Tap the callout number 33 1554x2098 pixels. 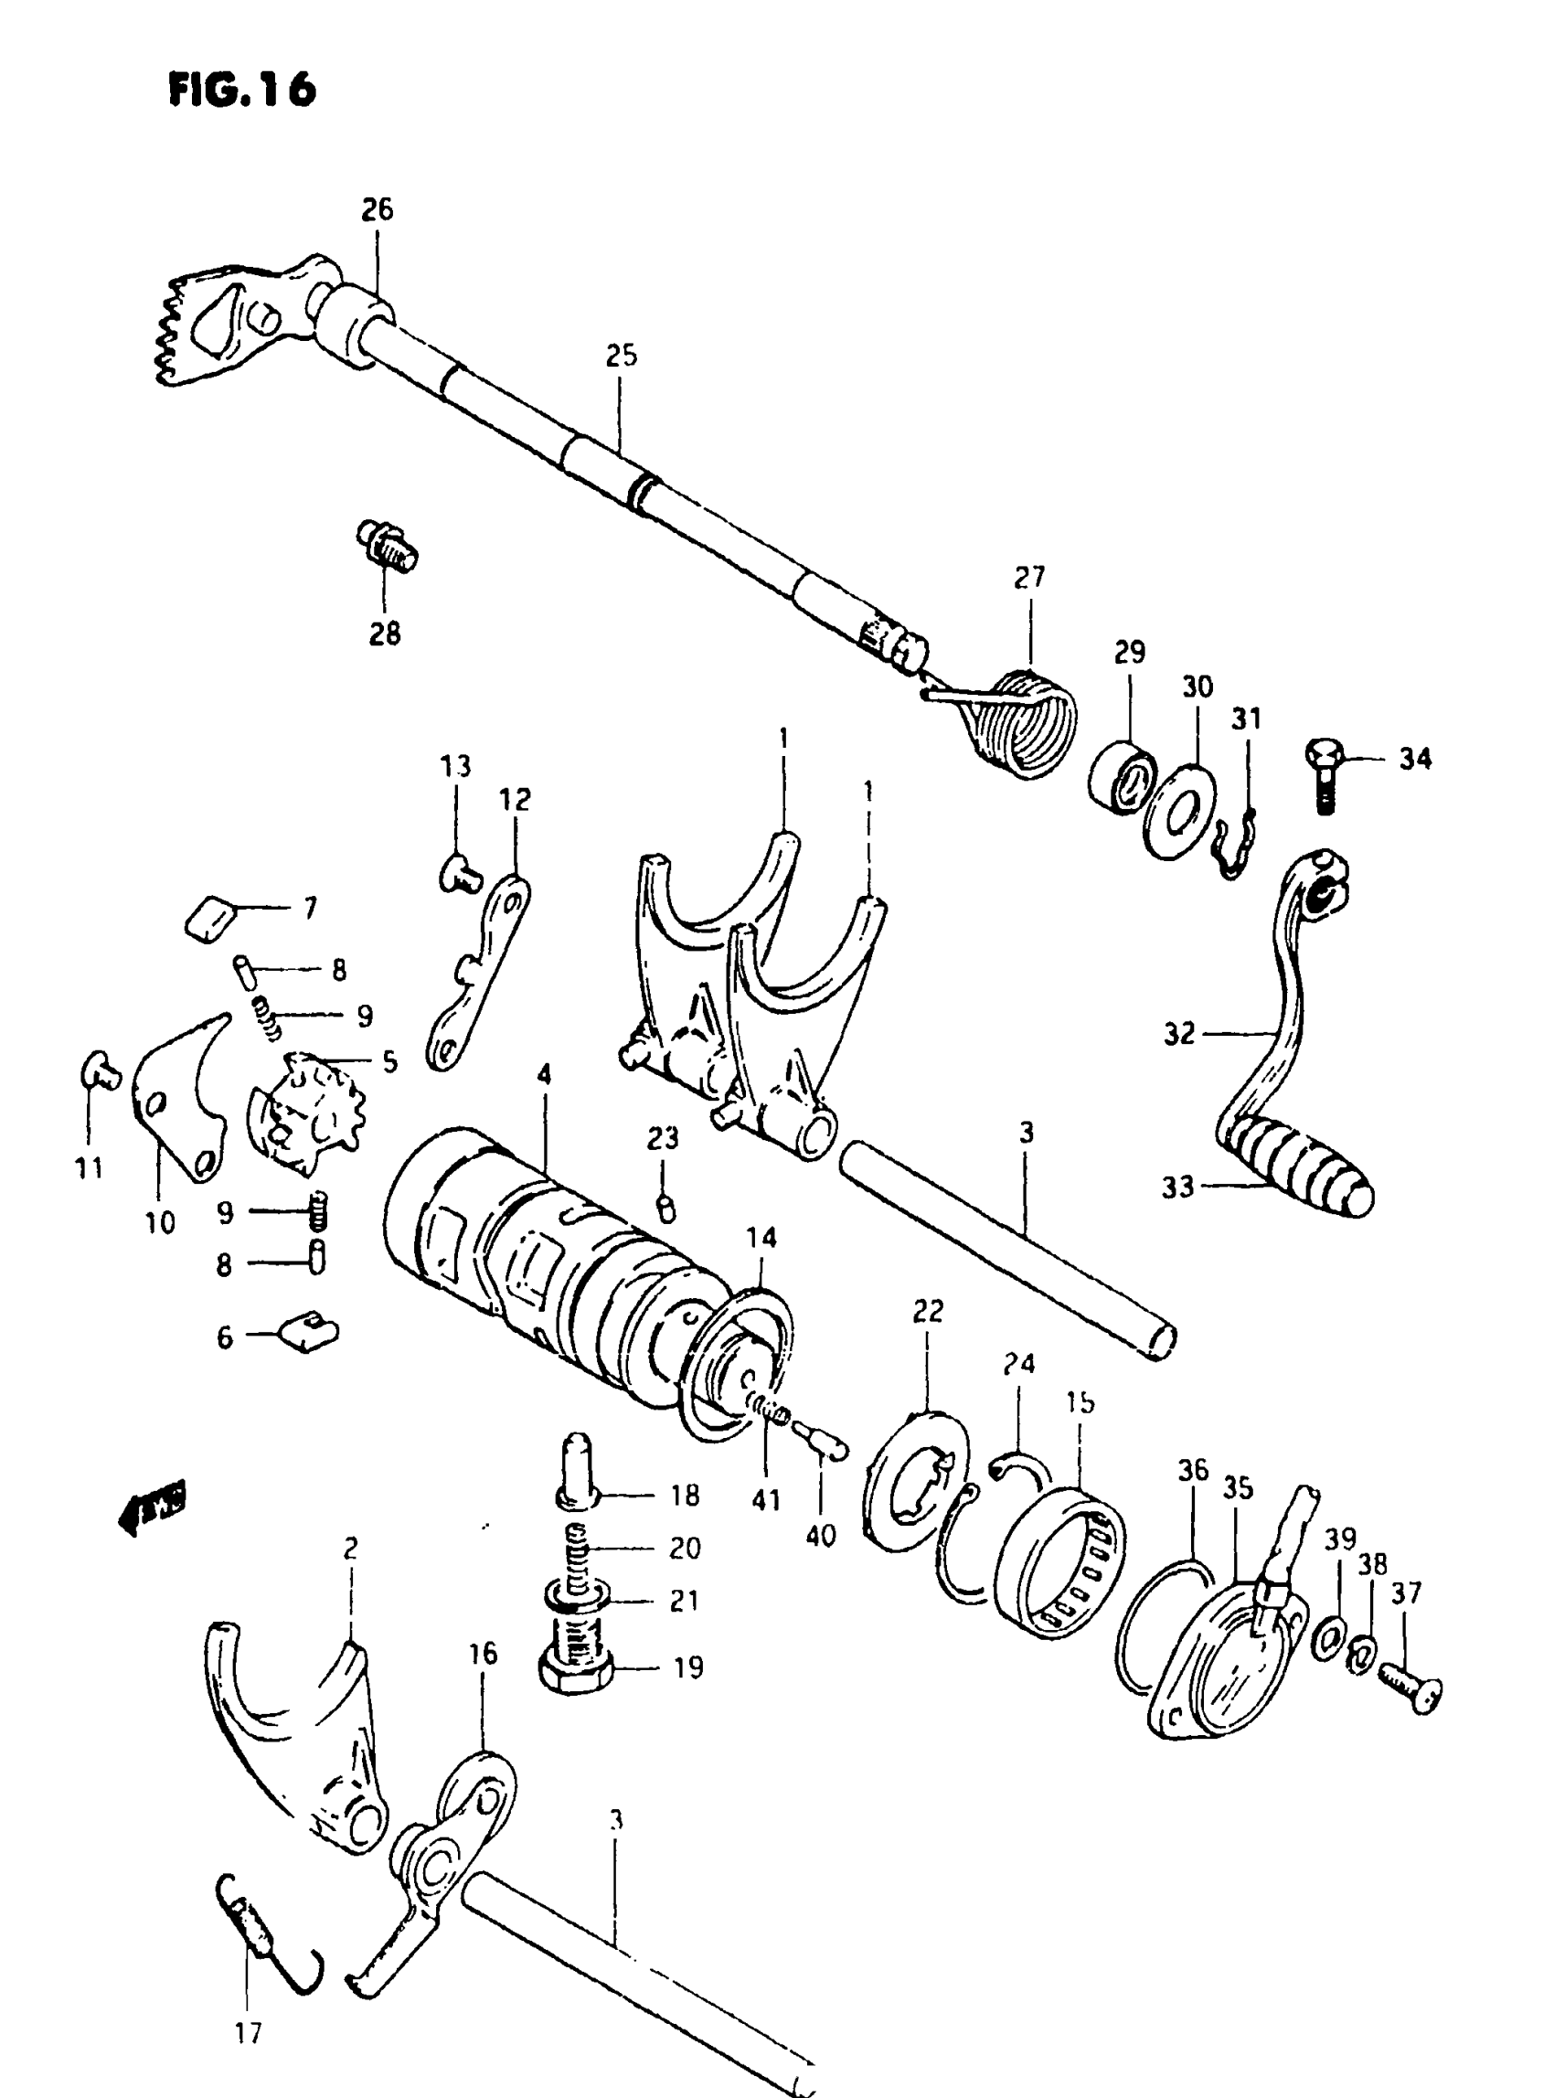(x=1176, y=1187)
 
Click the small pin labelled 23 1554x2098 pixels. (x=665, y=1207)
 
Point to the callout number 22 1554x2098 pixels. (x=928, y=1311)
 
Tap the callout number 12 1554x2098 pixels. (x=515, y=799)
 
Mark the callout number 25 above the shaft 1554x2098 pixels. (x=621, y=356)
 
